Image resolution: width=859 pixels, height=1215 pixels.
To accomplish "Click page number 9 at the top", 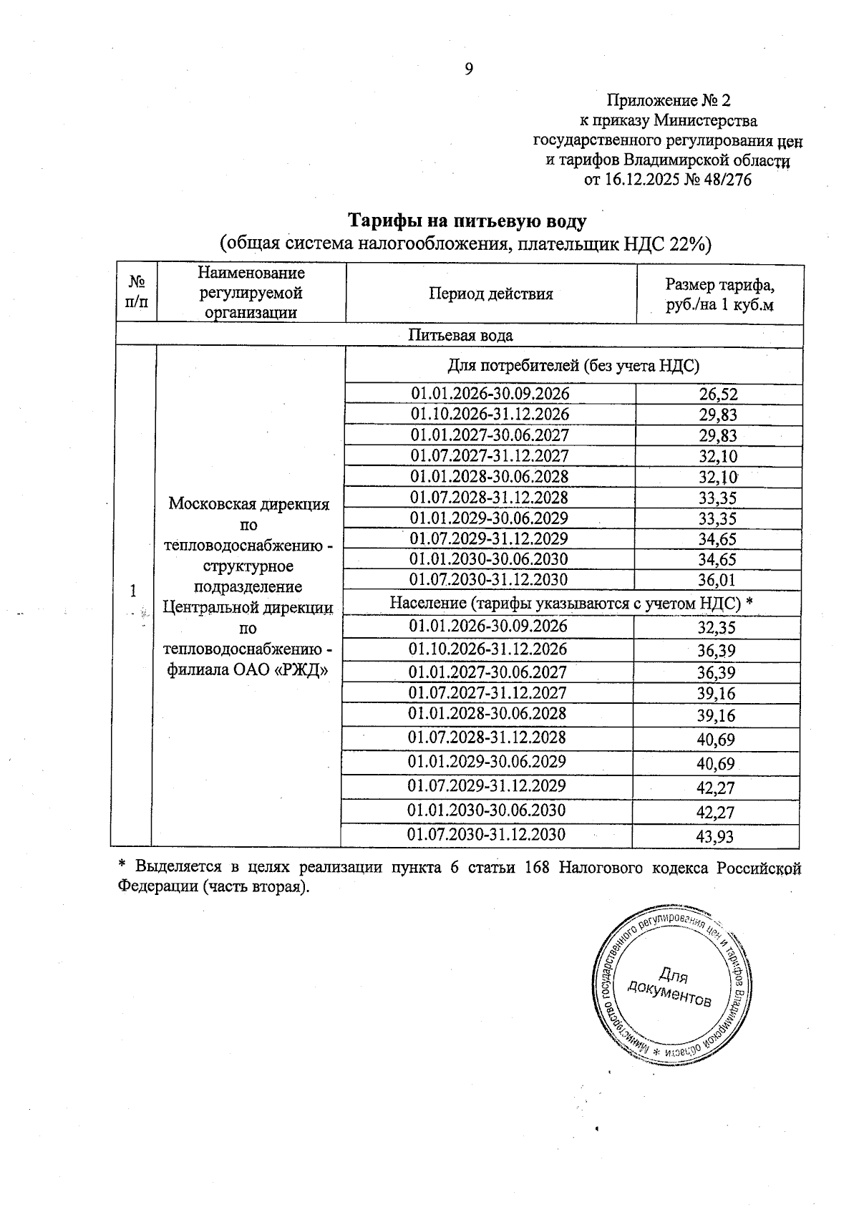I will pos(469,69).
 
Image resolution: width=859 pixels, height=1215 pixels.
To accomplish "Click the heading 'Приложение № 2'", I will pos(669,100).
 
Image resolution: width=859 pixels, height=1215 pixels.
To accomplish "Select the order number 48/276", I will pos(727,180).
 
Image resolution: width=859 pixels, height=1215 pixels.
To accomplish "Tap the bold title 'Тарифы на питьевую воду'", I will pos(467,220).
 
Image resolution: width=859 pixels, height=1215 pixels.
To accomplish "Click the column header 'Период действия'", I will pos(491,294).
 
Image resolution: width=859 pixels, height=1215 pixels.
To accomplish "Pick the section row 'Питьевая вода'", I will pos(460,335).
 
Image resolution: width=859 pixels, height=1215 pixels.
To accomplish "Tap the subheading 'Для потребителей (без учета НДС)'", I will pos(573,367).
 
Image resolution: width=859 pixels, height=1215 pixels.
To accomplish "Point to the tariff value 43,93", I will pos(715,836).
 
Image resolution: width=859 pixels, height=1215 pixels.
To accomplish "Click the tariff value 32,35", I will pos(717,628).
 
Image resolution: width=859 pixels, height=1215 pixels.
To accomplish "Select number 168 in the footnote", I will pos(537,867).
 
